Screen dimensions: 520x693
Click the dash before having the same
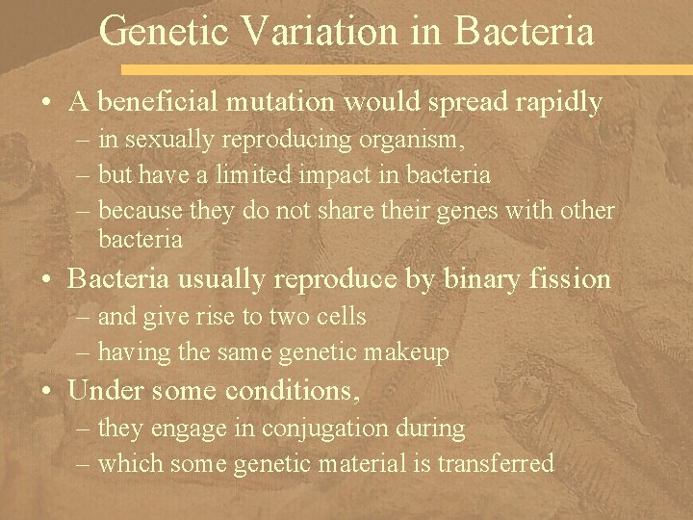85,353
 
